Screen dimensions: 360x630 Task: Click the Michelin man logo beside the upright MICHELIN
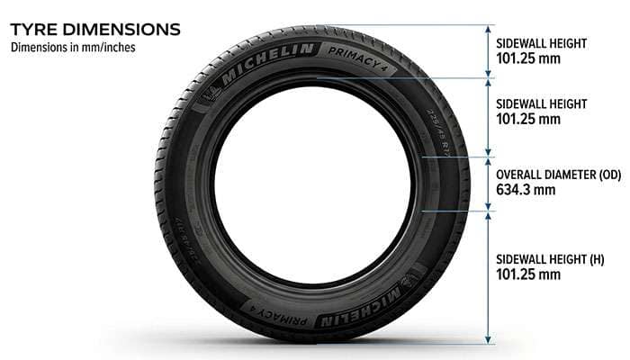[217, 92]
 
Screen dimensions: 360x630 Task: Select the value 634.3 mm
[526, 190]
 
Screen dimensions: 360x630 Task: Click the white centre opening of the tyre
[311, 186]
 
